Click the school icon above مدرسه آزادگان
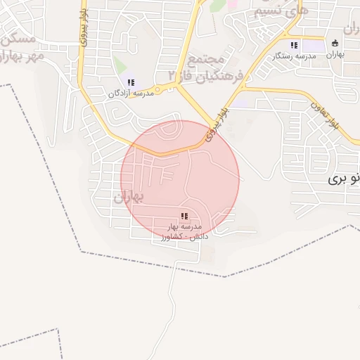tap(131, 83)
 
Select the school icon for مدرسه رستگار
tap(294, 45)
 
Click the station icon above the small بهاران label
tap(335, 43)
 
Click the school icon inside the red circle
tap(184, 216)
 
